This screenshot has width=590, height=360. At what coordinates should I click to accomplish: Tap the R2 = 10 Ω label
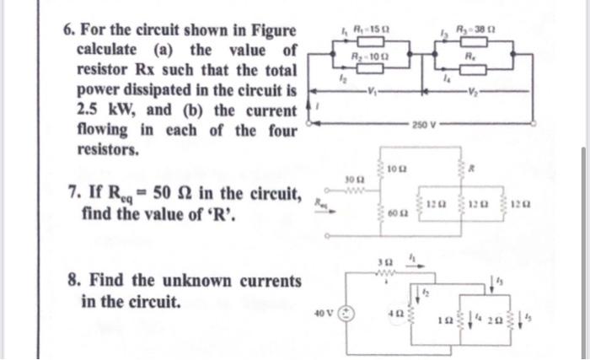coord(367,56)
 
